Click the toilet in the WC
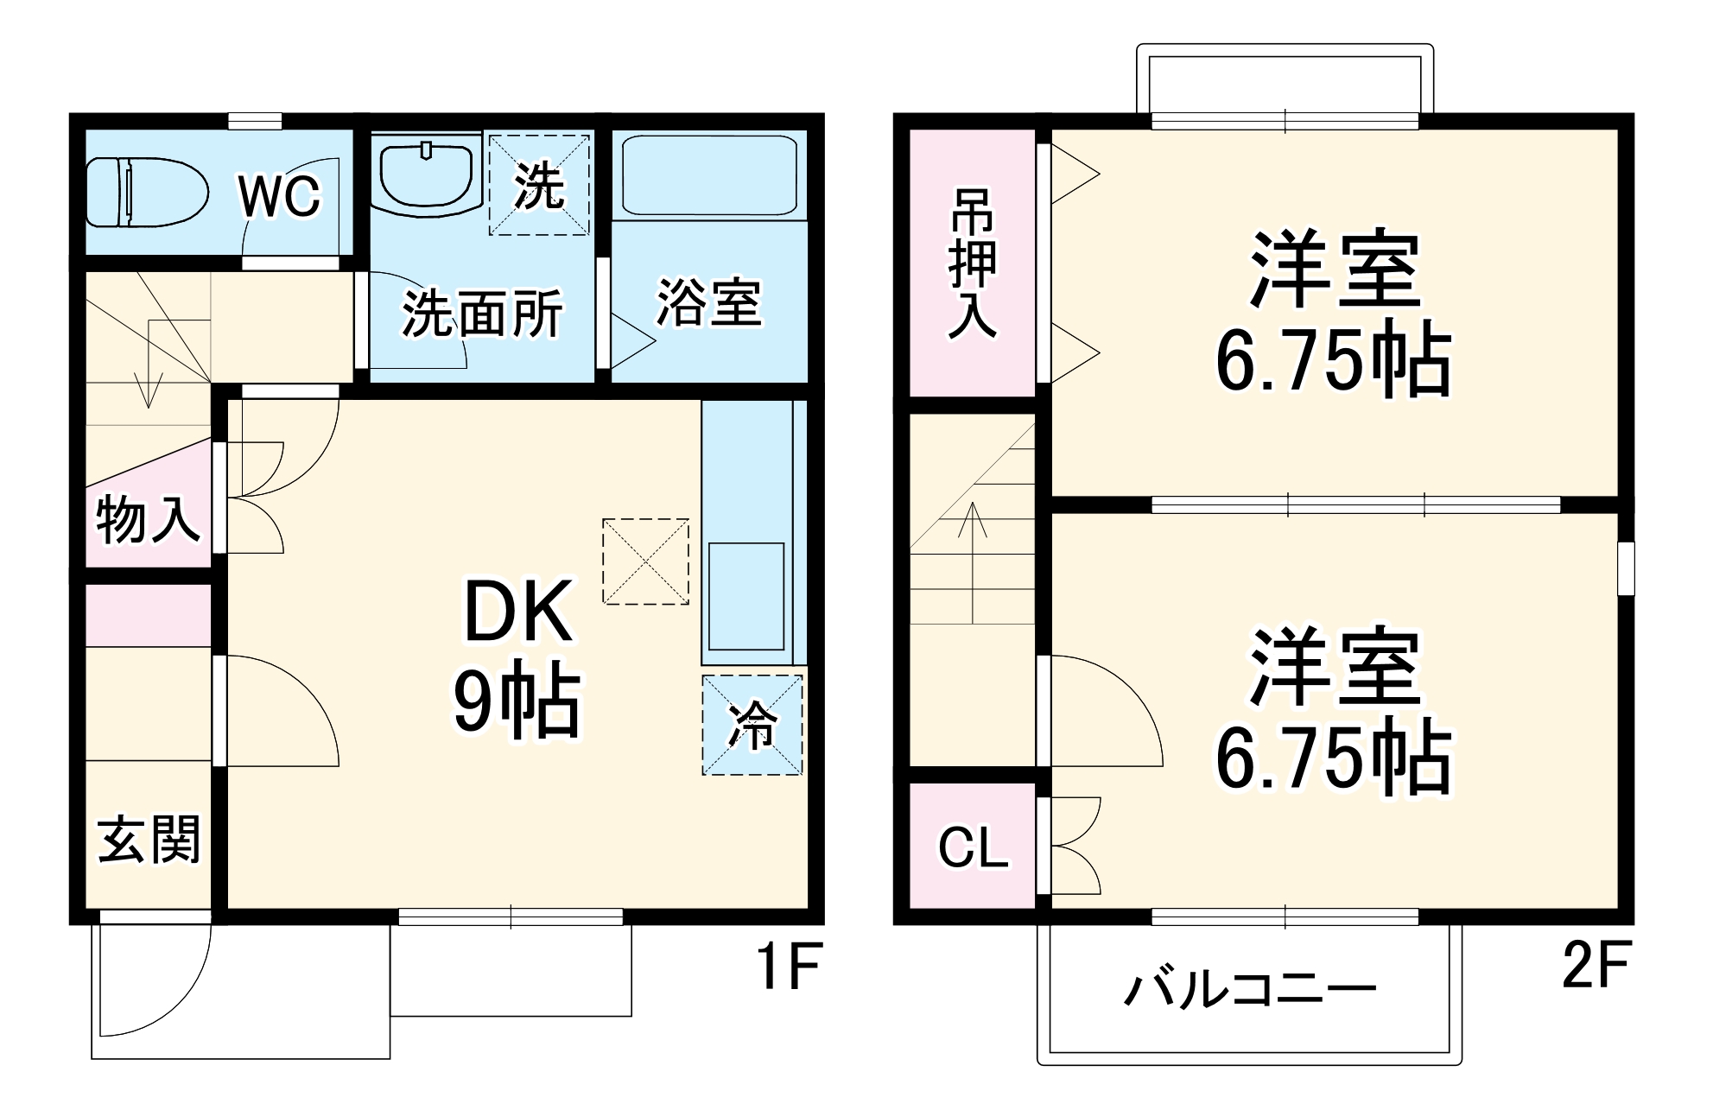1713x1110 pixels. pyautogui.click(x=147, y=192)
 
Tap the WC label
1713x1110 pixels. pyautogui.click(x=279, y=196)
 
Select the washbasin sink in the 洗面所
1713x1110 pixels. pyautogui.click(x=426, y=176)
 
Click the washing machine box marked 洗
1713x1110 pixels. pyautogui.click(x=539, y=184)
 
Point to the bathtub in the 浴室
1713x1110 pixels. pyautogui.click(x=709, y=175)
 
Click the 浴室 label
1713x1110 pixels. pyautogui.click(x=709, y=303)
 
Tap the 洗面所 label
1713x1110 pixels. pyautogui.click(x=482, y=313)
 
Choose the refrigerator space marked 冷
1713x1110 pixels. pyautogui.click(x=752, y=725)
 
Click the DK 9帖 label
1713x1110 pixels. pyautogui.click(x=517, y=656)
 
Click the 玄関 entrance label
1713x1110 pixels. pyautogui.click(x=149, y=839)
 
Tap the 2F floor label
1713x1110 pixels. pyautogui.click(x=1595, y=964)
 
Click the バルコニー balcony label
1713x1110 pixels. pyautogui.click(x=1249, y=989)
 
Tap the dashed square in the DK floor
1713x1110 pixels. pyautogui.click(x=645, y=561)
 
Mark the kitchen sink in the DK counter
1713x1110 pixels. pyautogui.click(x=746, y=596)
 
